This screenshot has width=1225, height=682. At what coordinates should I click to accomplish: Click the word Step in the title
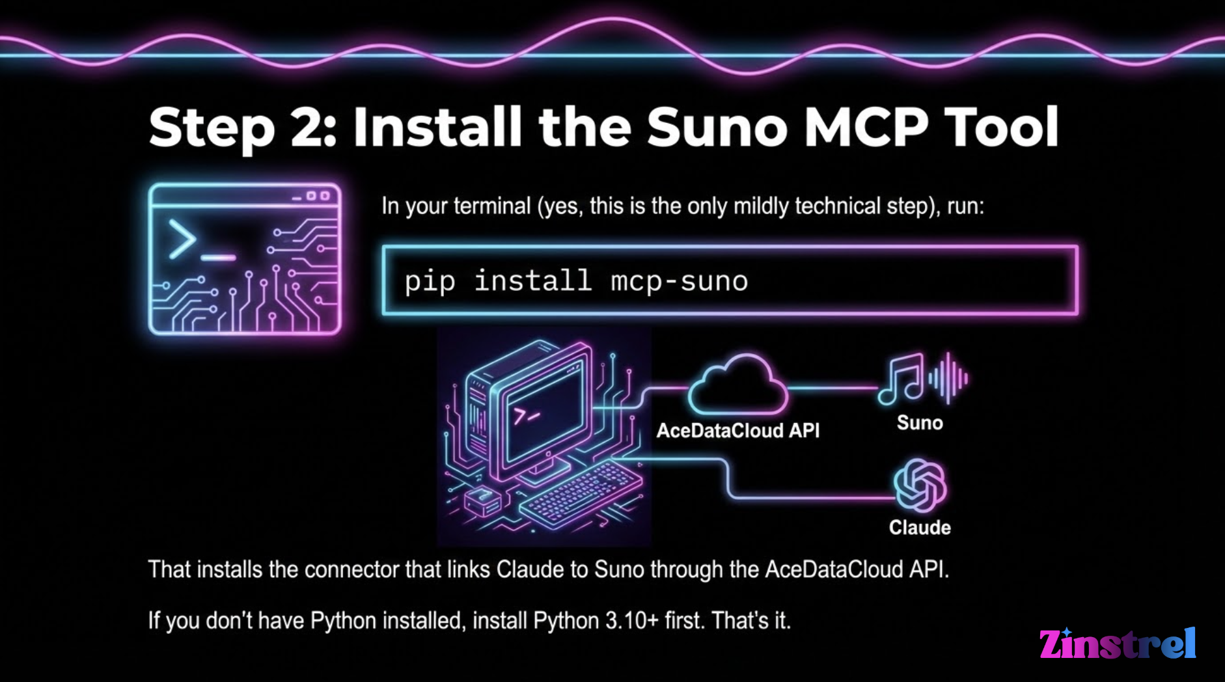tap(212, 128)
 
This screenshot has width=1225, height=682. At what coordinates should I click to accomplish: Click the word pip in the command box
tap(430, 282)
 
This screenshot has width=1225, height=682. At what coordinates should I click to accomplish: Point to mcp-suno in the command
tap(679, 282)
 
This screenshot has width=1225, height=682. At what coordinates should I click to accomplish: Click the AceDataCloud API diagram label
tap(737, 431)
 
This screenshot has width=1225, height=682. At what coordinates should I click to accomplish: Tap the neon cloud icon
tap(737, 387)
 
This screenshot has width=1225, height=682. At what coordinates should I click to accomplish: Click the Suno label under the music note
tap(920, 423)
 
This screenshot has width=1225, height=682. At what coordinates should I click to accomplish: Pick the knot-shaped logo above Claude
tap(920, 485)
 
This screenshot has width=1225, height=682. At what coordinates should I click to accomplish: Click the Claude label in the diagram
tap(920, 528)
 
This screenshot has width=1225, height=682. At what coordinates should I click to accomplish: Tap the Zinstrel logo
tap(1117, 644)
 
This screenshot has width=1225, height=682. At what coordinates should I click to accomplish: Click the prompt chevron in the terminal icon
tap(182, 239)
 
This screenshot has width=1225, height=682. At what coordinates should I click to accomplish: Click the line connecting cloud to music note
tap(833, 388)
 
